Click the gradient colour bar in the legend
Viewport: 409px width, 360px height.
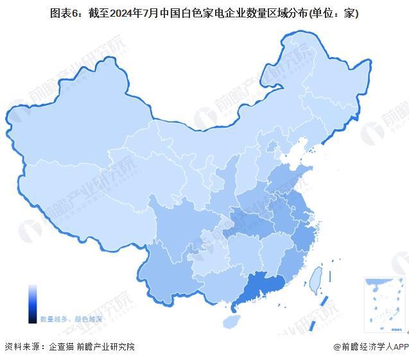pyautogui.click(x=32, y=304)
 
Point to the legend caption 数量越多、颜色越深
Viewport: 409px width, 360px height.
pyautogui.click(x=71, y=318)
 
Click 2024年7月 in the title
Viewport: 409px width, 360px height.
pyautogui.click(x=135, y=13)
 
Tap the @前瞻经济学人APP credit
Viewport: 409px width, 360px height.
pyautogui.click(x=370, y=347)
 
